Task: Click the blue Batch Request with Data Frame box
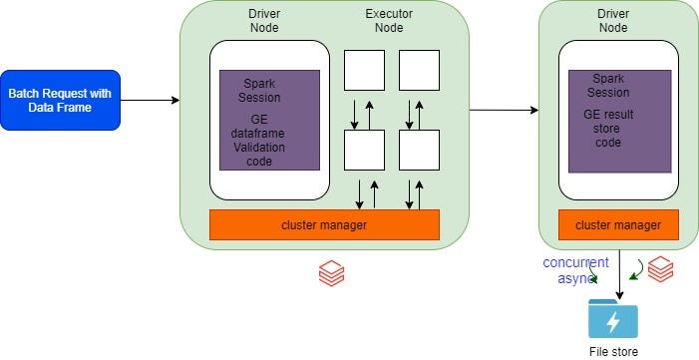click(x=61, y=100)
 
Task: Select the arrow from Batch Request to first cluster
click(x=150, y=100)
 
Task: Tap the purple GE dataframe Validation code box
click(x=269, y=120)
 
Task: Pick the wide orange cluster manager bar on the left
click(x=324, y=225)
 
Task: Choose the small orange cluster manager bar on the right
click(x=618, y=225)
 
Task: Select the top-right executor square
click(x=419, y=71)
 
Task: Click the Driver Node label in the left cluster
click(x=263, y=21)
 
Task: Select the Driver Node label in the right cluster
click(x=612, y=21)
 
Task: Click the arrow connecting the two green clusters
click(x=504, y=110)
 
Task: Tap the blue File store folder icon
click(x=612, y=318)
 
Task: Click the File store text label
click(x=612, y=351)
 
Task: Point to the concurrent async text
click(x=575, y=270)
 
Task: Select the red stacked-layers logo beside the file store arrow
click(x=660, y=268)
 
